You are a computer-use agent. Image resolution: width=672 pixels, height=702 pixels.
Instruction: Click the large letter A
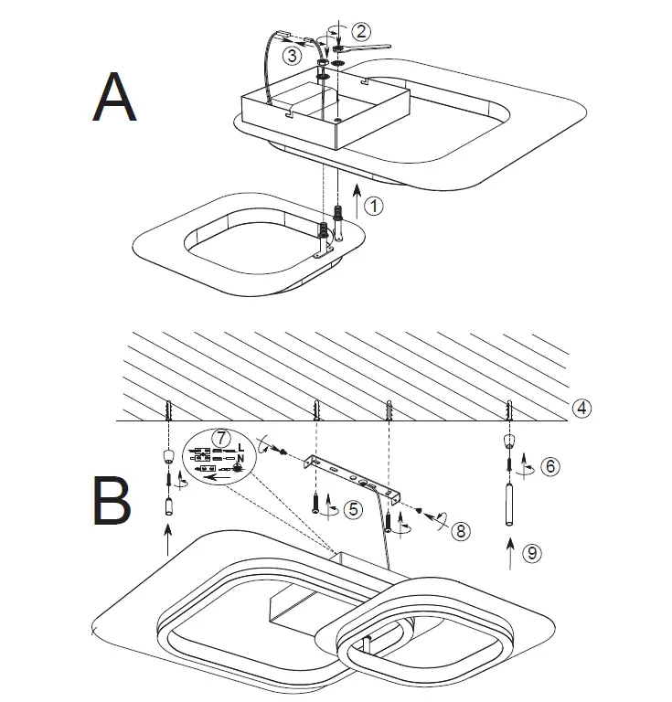tap(115, 98)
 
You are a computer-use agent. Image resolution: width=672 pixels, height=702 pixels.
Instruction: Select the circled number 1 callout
tap(373, 207)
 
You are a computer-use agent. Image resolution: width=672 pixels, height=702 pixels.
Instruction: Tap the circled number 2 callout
tap(362, 30)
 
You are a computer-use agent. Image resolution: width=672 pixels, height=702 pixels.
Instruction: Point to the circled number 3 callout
tap(292, 56)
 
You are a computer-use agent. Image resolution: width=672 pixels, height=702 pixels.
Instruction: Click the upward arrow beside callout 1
tap(355, 200)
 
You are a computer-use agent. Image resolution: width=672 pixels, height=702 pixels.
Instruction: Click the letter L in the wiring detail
tap(240, 446)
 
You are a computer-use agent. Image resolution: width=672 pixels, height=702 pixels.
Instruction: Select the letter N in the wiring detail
tap(240, 458)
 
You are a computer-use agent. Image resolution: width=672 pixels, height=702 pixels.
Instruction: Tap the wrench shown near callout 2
tap(366, 47)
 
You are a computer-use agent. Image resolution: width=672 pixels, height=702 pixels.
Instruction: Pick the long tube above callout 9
tap(507, 504)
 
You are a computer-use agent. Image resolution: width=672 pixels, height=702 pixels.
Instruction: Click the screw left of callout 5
tap(315, 502)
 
